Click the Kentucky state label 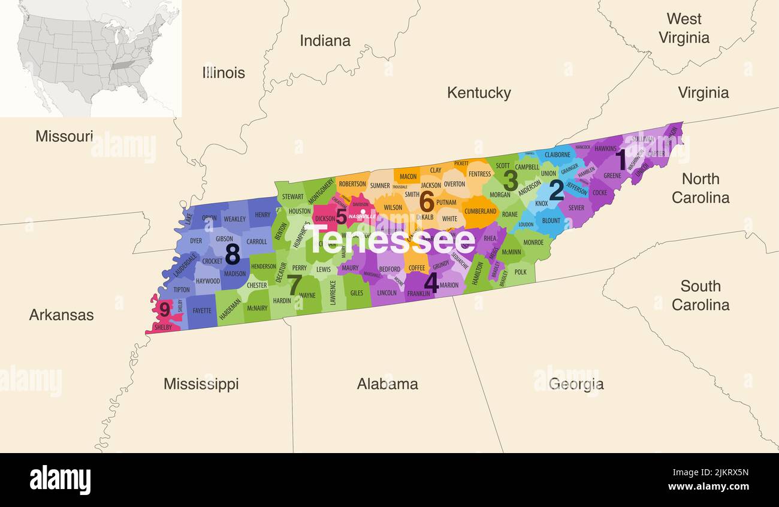click(479, 93)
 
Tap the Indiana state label click(325, 41)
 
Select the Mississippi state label click(201, 384)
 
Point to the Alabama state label click(387, 384)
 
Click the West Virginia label click(684, 28)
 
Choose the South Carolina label click(700, 295)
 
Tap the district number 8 click(232, 255)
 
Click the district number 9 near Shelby click(164, 310)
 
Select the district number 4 click(430, 282)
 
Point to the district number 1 click(621, 161)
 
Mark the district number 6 click(426, 201)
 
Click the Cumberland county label click(480, 212)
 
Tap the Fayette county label click(202, 311)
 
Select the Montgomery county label click(321, 191)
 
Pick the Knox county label click(541, 204)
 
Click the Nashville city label click(362, 216)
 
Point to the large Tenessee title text click(391, 241)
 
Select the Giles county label click(357, 293)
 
